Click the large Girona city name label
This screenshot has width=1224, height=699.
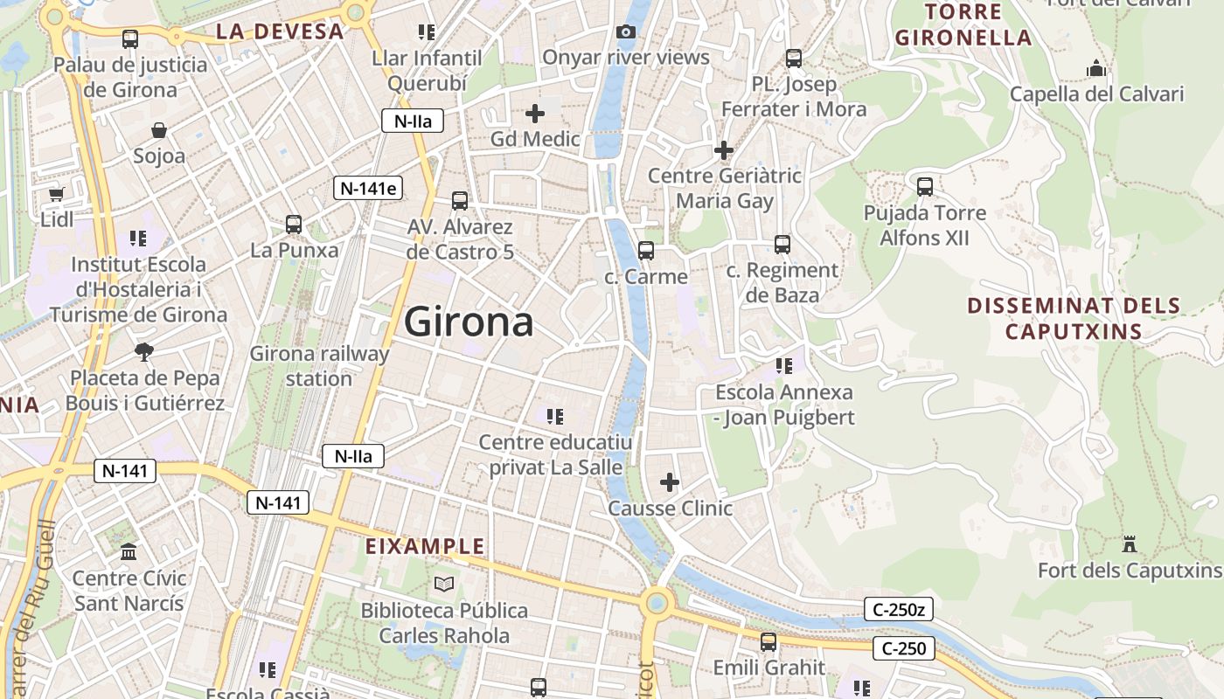click(469, 322)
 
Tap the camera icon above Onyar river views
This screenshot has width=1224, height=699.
click(626, 32)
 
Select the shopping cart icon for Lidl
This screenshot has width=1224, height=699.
click(56, 193)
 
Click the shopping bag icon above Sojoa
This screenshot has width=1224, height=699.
click(159, 130)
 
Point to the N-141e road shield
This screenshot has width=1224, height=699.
click(367, 188)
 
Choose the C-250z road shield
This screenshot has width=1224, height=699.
click(898, 609)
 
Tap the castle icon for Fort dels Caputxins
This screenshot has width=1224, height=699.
click(1130, 544)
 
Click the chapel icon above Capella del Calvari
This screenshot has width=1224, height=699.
click(1096, 68)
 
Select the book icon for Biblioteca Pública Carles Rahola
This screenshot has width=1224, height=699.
click(444, 583)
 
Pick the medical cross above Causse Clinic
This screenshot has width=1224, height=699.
click(670, 482)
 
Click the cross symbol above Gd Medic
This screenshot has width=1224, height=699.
click(535, 113)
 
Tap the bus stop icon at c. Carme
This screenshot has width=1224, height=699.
click(646, 251)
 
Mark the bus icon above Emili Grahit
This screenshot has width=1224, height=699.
click(768, 642)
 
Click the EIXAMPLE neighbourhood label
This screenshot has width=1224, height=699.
click(425, 547)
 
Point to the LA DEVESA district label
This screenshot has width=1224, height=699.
click(280, 32)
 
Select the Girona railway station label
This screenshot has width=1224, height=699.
click(319, 366)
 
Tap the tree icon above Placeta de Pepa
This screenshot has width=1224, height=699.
click(144, 352)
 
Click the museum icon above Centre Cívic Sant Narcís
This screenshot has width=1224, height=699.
click(129, 552)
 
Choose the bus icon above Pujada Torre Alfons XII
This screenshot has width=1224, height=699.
click(925, 186)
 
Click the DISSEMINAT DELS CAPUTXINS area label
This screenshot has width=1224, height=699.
click(1074, 318)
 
